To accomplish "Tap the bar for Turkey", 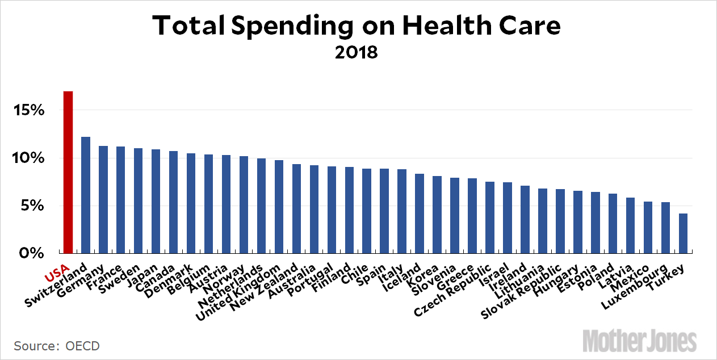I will click(x=683, y=233).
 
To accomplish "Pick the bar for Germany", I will click(x=103, y=199).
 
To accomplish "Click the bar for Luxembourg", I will click(x=665, y=227).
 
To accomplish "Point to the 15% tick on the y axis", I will click(x=29, y=110).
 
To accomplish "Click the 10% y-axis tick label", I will click(x=29, y=158).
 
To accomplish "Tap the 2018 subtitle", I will click(x=356, y=53).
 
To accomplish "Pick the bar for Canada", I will click(x=174, y=202).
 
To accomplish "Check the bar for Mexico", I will click(x=648, y=227).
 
